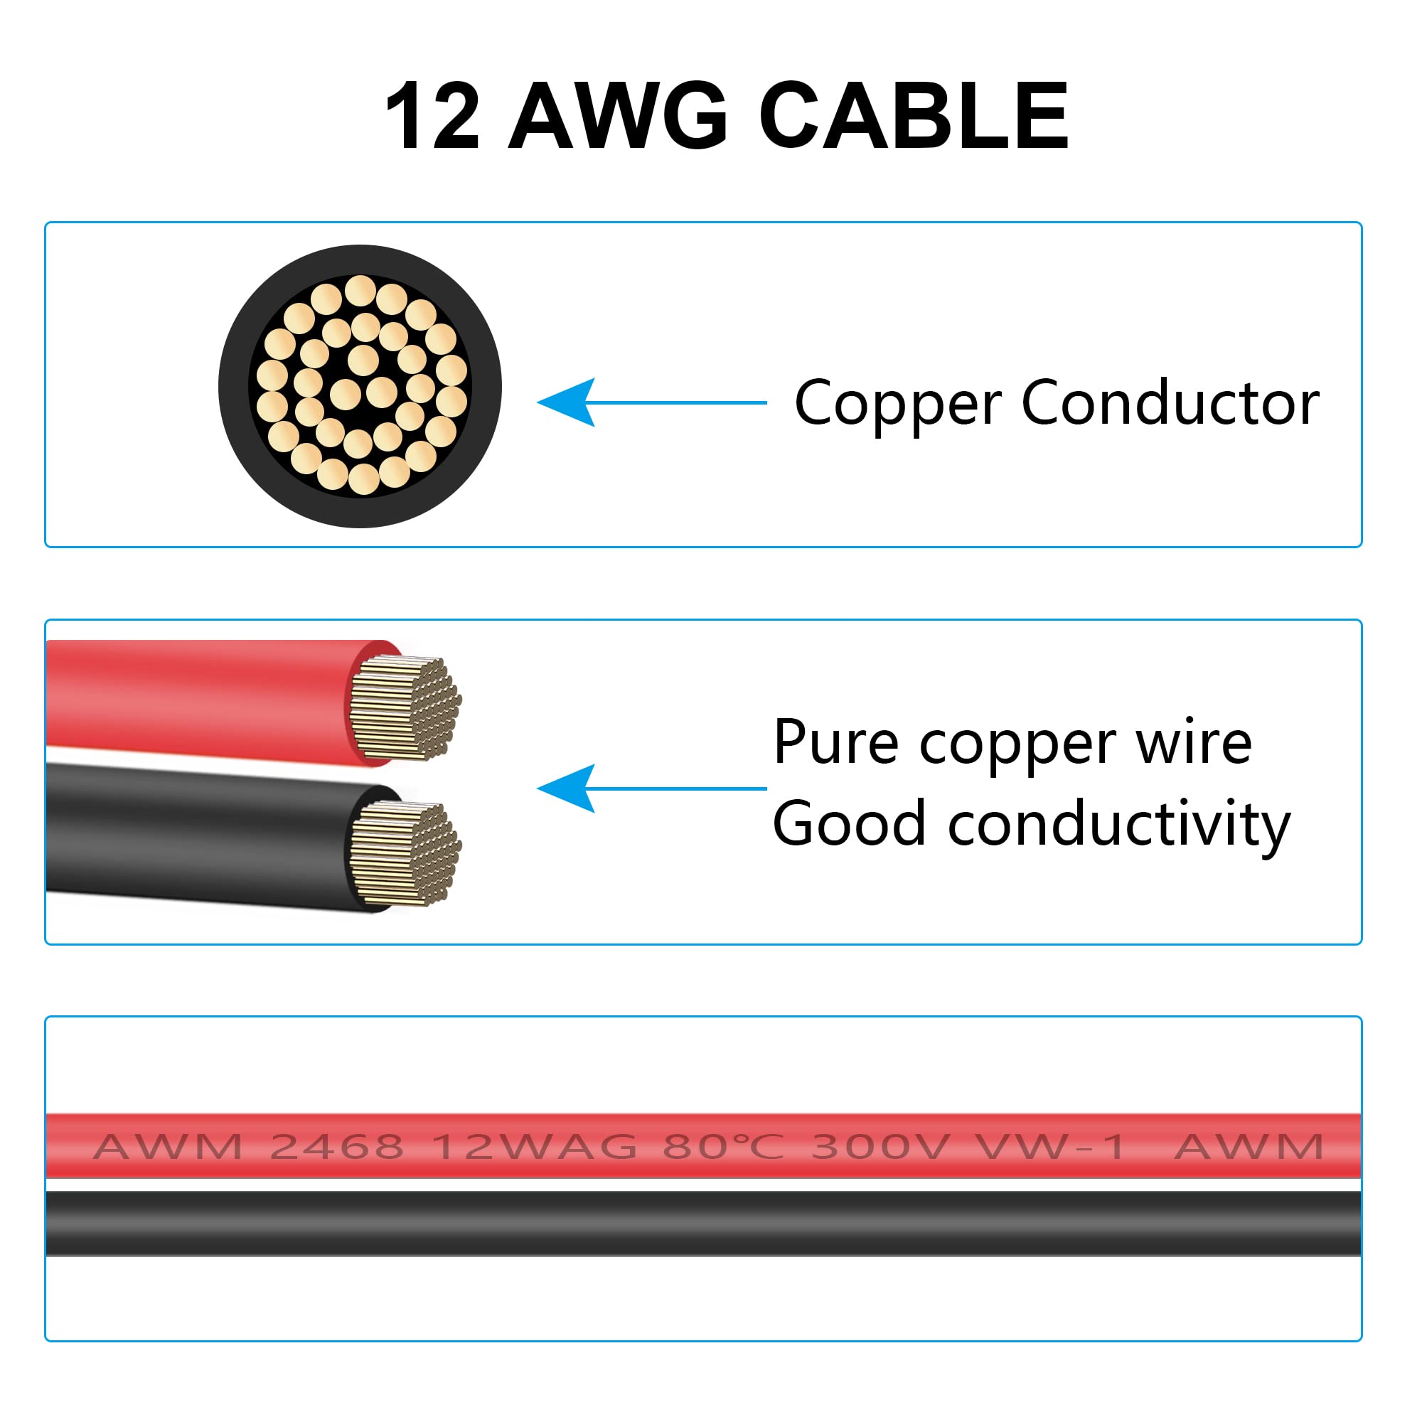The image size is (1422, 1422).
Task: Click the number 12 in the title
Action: click(433, 117)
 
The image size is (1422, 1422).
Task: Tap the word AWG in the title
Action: click(619, 117)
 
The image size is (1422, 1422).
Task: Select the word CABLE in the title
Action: click(914, 117)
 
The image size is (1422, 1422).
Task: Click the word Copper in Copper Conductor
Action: click(897, 405)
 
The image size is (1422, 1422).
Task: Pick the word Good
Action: click(849, 824)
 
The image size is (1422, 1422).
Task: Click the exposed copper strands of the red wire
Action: click(405, 707)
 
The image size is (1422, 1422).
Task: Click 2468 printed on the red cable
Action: click(337, 1146)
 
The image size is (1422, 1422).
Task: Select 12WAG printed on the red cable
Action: click(535, 1146)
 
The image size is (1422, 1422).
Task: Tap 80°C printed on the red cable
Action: click(723, 1146)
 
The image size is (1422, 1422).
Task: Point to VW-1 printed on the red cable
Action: click(1050, 1146)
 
